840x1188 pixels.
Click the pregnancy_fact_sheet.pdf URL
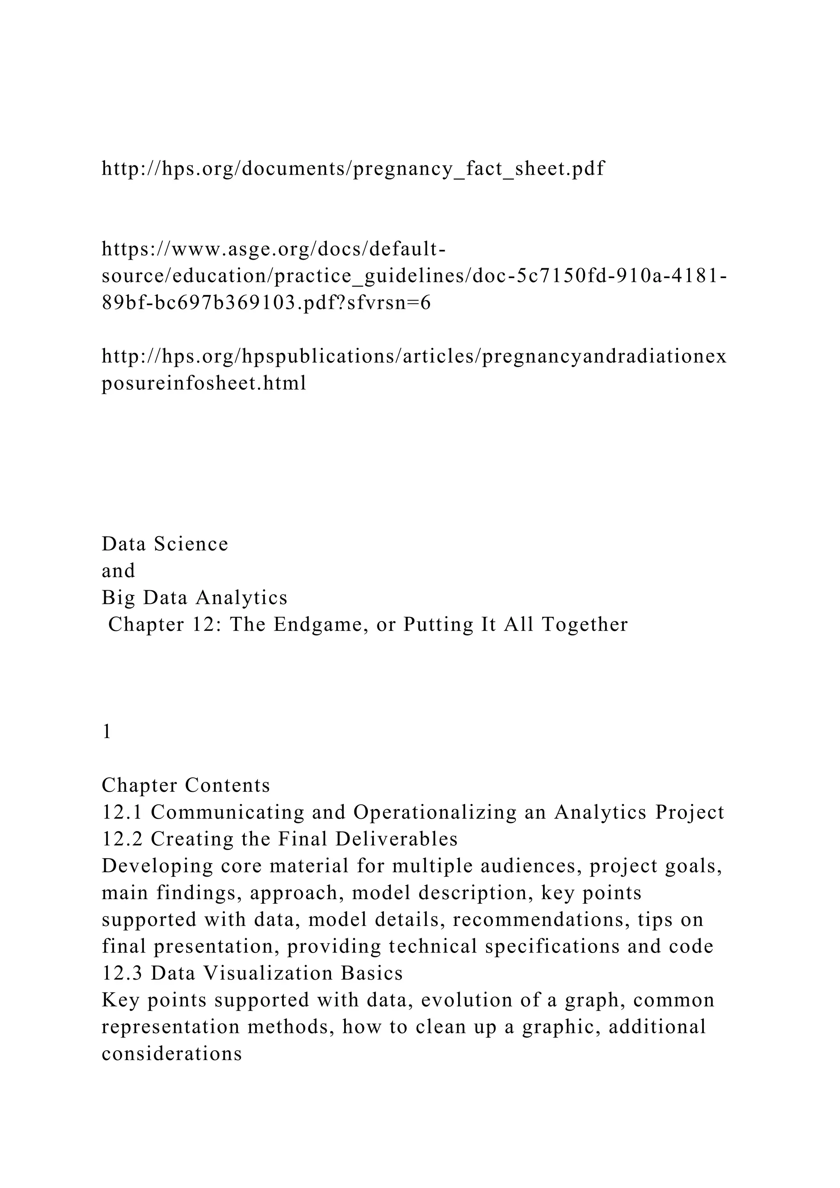353,169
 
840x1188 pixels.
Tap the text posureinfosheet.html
204,384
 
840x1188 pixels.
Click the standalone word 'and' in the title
119,571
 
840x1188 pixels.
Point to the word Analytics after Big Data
241,598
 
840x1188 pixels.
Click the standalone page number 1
107,732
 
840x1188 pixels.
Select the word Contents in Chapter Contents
228,786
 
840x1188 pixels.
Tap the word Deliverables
396,839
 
